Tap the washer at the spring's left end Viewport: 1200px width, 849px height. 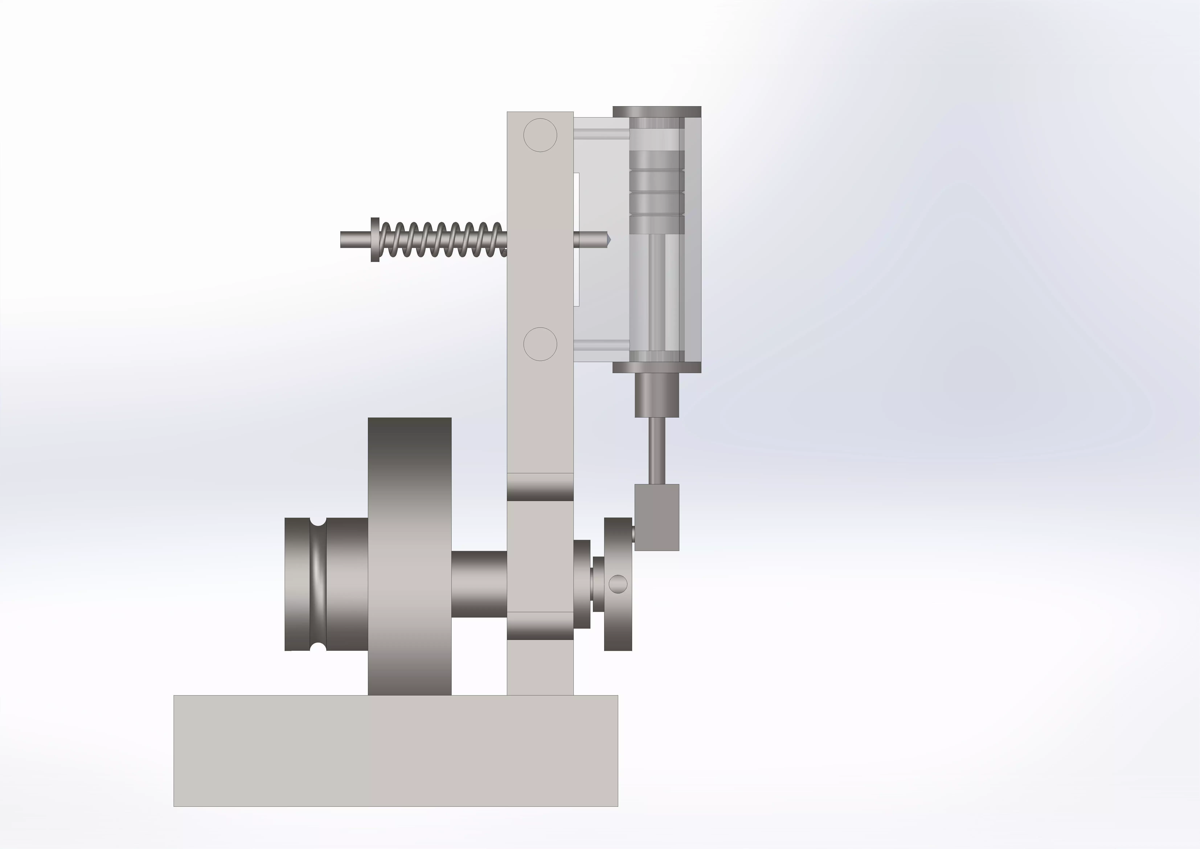[375, 239]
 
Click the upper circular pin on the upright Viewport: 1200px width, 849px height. [540, 135]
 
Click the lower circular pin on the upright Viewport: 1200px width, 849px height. [540, 344]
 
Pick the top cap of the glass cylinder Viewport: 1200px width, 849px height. [656, 112]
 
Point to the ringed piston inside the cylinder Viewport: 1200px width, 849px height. [656, 192]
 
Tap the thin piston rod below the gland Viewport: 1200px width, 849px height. [656, 451]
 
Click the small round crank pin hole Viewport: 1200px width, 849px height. [618, 584]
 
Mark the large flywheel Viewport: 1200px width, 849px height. [409, 556]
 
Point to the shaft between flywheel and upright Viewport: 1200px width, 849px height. [479, 584]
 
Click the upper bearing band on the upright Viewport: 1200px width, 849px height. [540, 487]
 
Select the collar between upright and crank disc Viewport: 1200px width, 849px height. [582, 584]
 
